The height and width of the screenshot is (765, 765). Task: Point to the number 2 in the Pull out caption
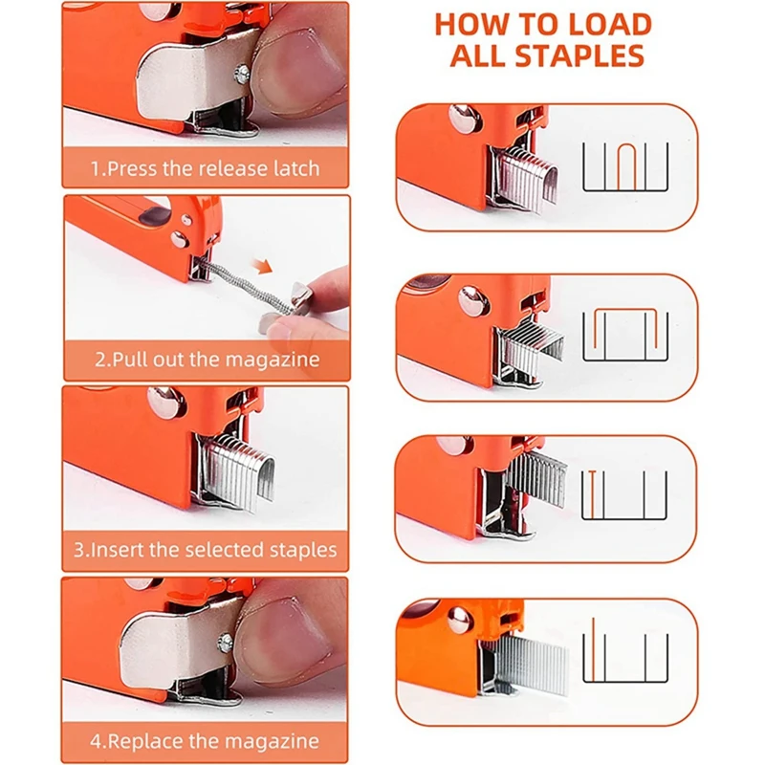coord(100,361)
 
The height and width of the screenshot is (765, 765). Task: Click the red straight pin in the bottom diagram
coord(594,650)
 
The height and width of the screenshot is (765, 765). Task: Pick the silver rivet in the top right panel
coord(468,119)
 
